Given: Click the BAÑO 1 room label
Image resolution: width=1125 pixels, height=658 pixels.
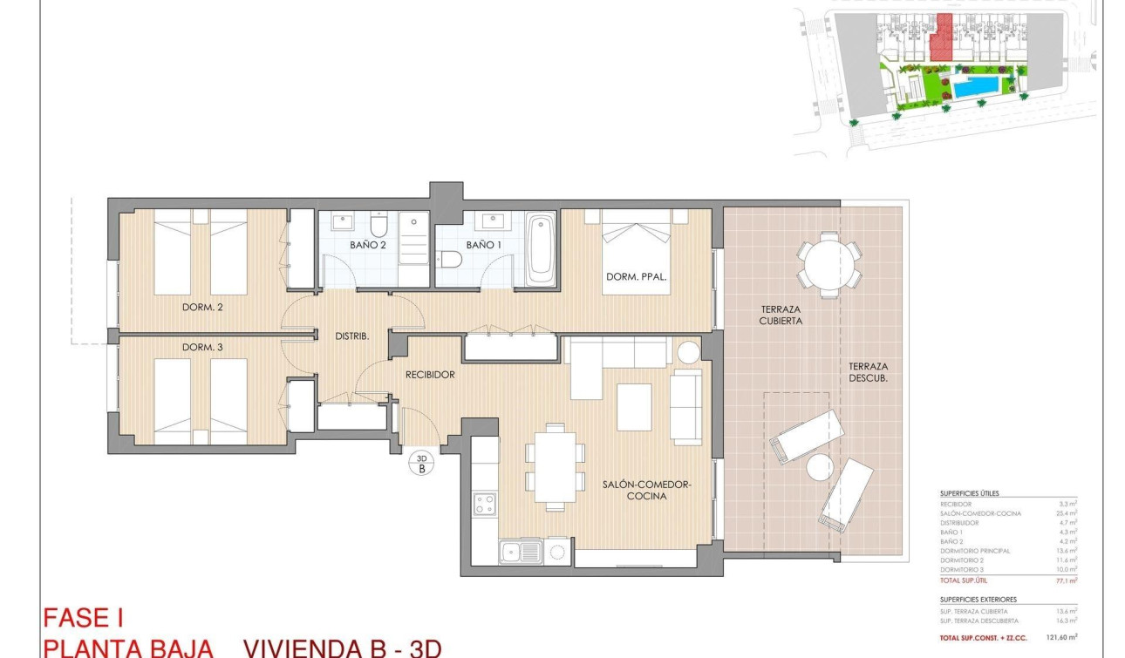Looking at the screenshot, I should pyautogui.click(x=484, y=246).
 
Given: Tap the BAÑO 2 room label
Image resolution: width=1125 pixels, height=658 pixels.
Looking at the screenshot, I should pyautogui.click(x=368, y=246).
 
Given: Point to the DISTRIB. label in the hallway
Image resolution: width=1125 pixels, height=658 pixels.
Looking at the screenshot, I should pyautogui.click(x=352, y=336).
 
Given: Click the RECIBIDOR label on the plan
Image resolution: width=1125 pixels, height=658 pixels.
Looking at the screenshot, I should pyautogui.click(x=431, y=375).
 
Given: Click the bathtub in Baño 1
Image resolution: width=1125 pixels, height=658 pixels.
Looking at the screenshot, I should pyautogui.click(x=541, y=249).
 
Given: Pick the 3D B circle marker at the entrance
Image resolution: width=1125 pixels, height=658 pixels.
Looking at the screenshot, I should pyautogui.click(x=422, y=463).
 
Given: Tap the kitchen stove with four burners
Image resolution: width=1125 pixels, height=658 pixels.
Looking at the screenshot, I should pyautogui.click(x=484, y=504).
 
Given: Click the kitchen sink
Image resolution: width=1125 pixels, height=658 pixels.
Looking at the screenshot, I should pyautogui.click(x=519, y=551).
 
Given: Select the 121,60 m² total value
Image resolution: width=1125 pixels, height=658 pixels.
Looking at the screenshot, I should pyautogui.click(x=1061, y=638).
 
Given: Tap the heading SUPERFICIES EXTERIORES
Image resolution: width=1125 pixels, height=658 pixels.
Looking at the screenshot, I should pyautogui.click(x=978, y=600).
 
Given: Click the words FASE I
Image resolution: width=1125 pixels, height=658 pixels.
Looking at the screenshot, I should pyautogui.click(x=83, y=619).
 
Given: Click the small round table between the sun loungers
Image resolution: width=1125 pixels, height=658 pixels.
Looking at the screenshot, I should pyautogui.click(x=820, y=467).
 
